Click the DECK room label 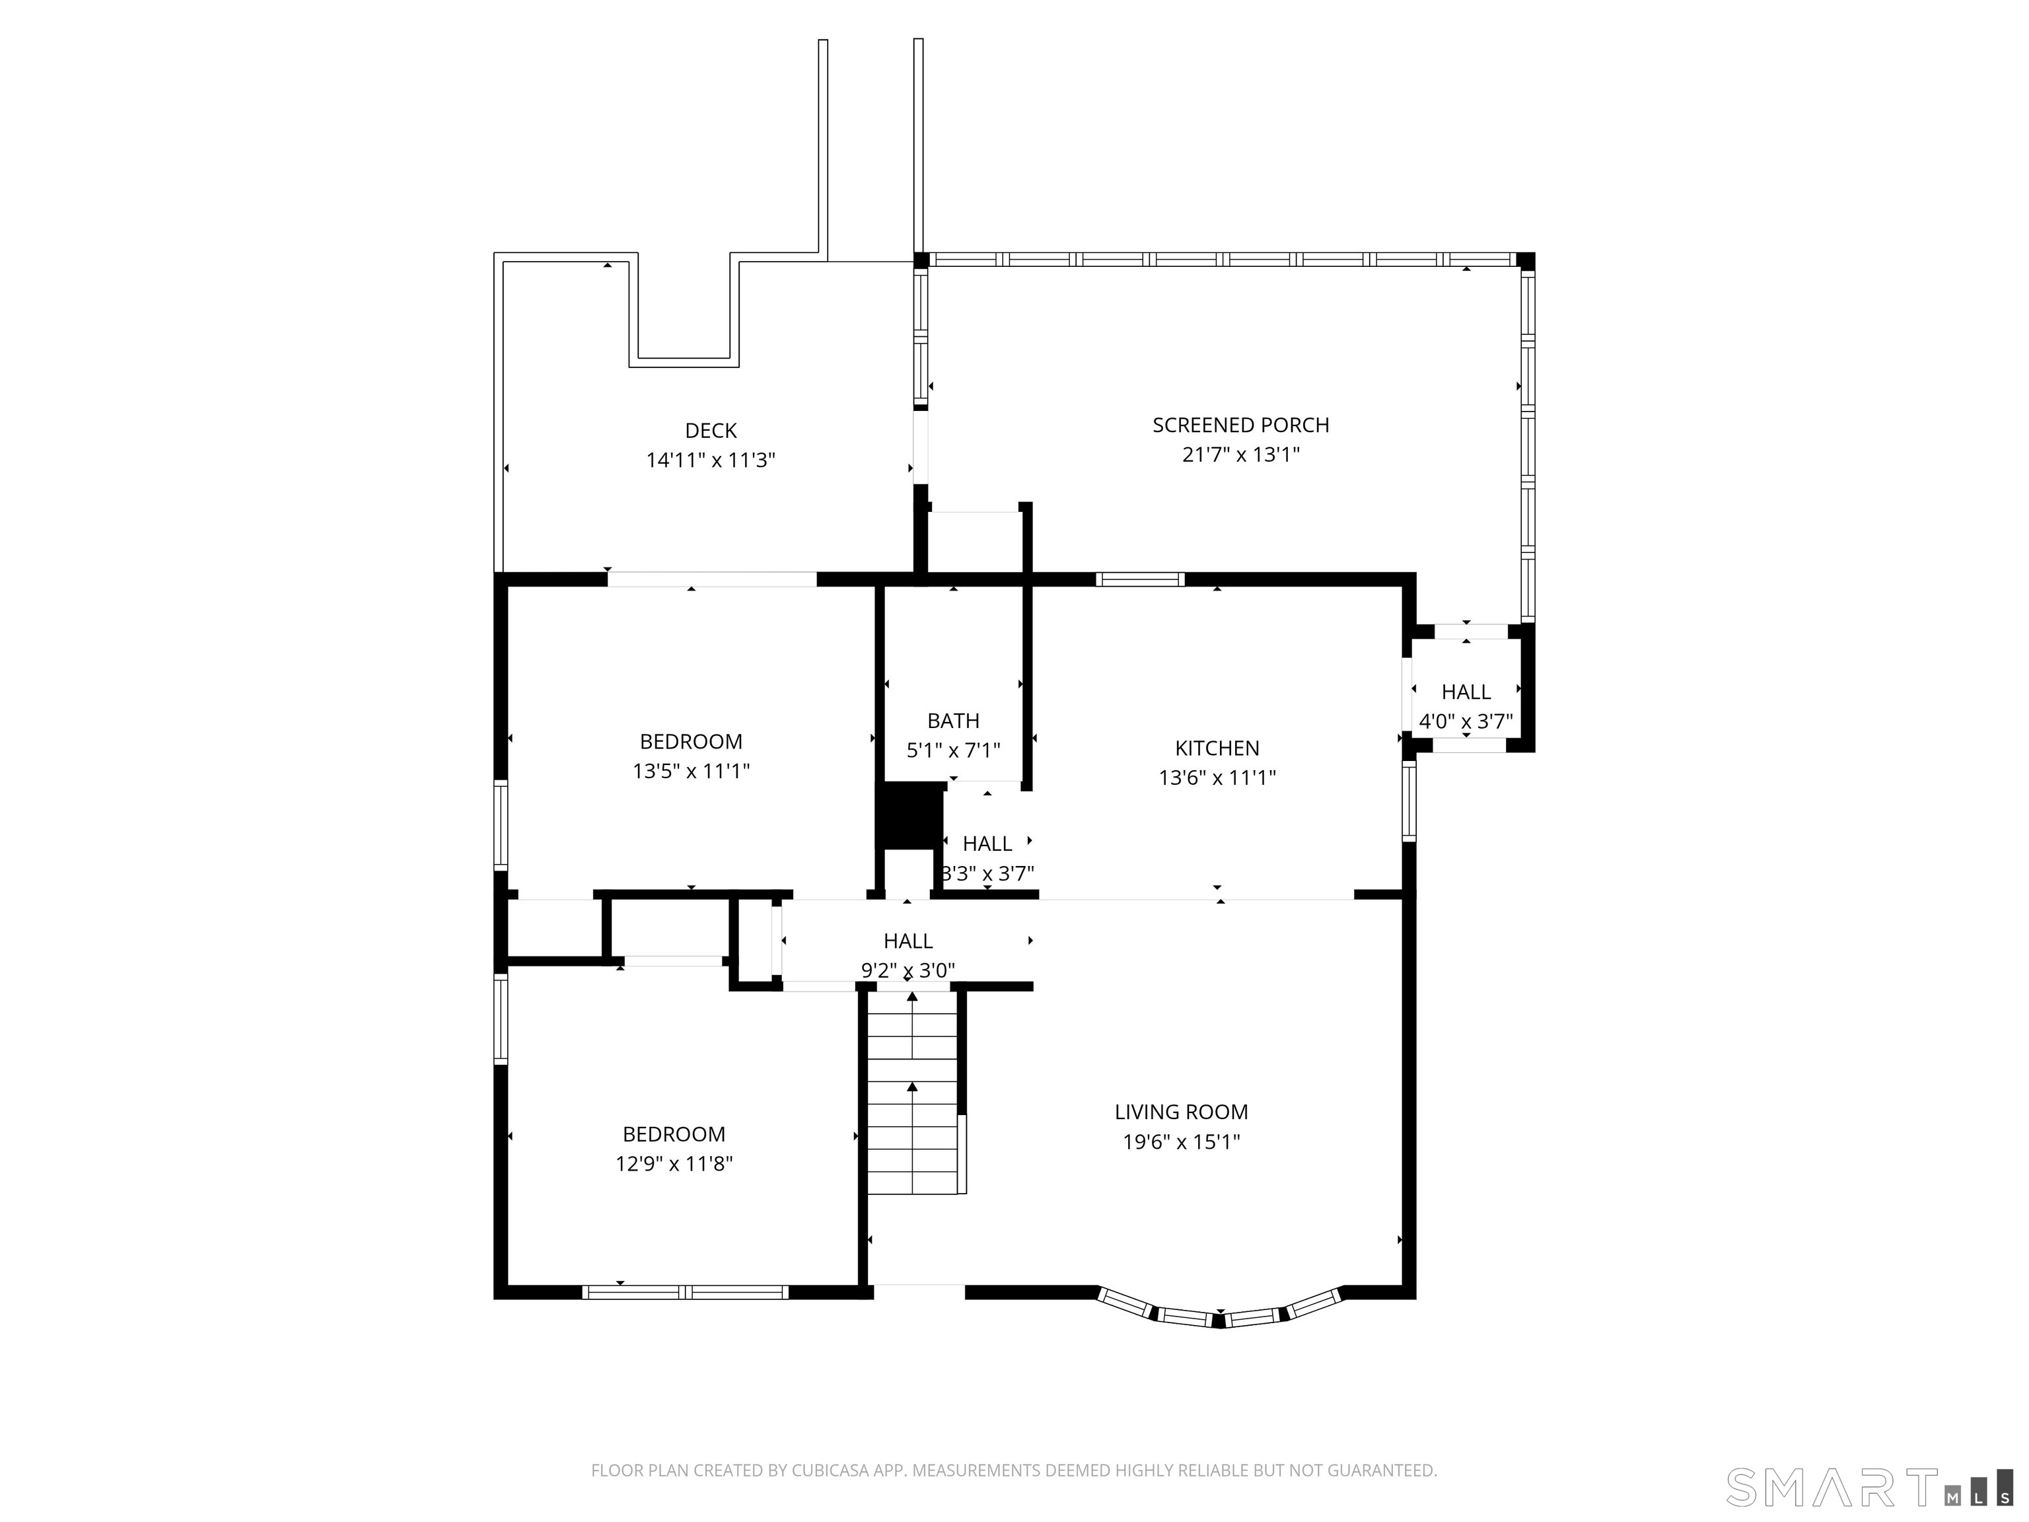711,430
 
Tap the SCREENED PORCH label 1240,425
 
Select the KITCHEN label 1217,748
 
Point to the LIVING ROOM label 1182,1112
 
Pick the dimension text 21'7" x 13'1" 1240,454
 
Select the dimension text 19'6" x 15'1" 1182,1141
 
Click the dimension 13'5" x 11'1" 691,771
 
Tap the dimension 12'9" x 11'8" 674,1163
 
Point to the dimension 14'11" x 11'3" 711,460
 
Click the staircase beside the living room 913,1092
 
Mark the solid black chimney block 911,816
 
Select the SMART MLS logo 1869,1487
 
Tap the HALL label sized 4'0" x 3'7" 1466,692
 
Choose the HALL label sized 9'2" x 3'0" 908,941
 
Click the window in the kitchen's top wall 1140,579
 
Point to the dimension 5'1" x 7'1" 953,750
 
